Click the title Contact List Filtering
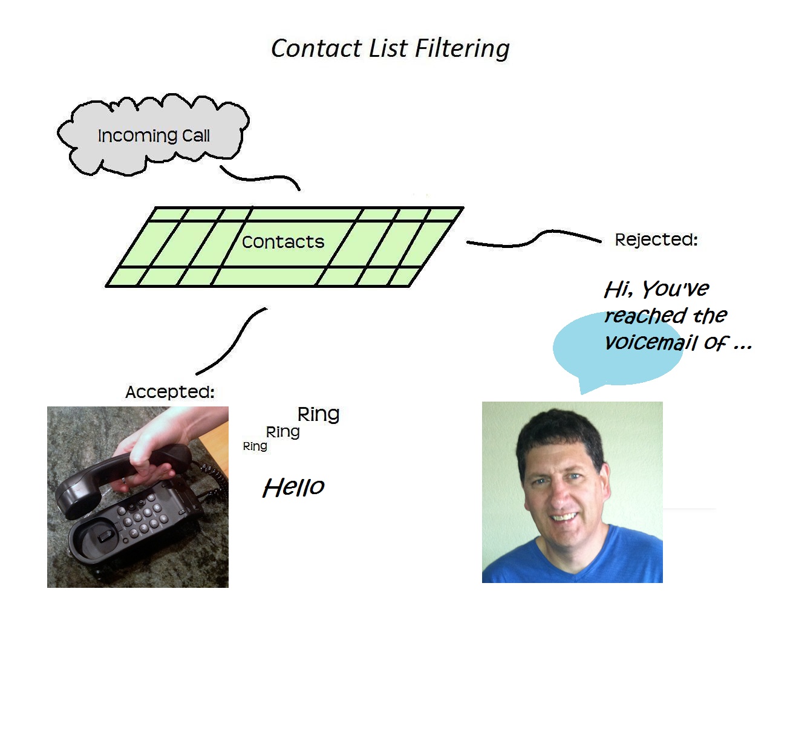(x=390, y=48)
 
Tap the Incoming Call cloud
(x=153, y=135)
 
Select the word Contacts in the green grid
(x=282, y=242)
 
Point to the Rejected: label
(x=656, y=240)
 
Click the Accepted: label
(x=169, y=392)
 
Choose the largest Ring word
(x=318, y=414)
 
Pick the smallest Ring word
(x=255, y=446)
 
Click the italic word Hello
(x=293, y=487)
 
